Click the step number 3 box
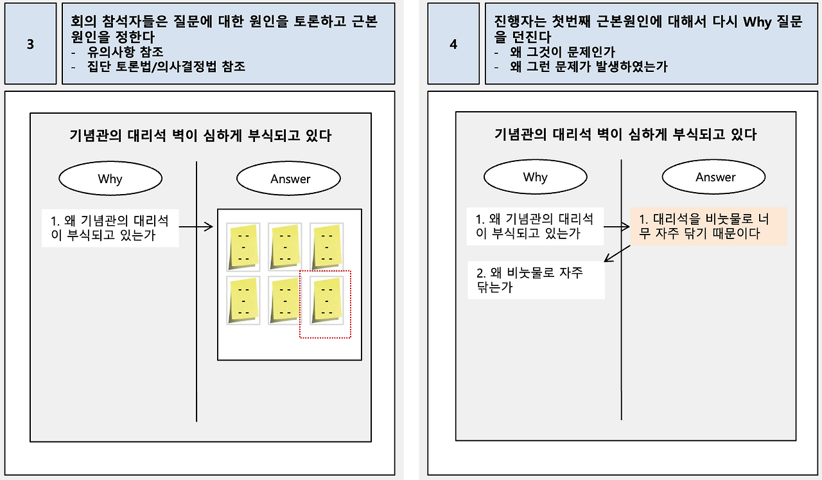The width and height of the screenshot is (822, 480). tap(30, 44)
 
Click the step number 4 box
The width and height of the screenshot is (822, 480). tap(453, 44)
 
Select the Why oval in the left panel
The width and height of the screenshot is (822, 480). tap(110, 179)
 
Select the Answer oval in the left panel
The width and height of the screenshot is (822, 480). tap(290, 179)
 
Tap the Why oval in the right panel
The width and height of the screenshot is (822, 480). tap(535, 177)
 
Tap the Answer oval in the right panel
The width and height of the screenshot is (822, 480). tap(715, 177)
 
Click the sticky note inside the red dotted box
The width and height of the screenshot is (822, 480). tap(326, 300)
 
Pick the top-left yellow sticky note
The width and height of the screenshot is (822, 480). tap(243, 247)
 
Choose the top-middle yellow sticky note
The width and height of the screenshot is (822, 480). tap(285, 247)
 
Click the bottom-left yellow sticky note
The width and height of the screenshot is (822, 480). tap(243, 300)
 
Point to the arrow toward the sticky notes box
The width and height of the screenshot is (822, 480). tap(196, 226)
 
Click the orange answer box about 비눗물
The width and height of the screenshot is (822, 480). tap(708, 226)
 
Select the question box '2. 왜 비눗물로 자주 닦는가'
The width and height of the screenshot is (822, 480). tap(536, 280)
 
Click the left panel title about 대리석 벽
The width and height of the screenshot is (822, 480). tap(200, 136)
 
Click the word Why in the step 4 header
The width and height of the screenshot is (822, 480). tap(757, 22)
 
